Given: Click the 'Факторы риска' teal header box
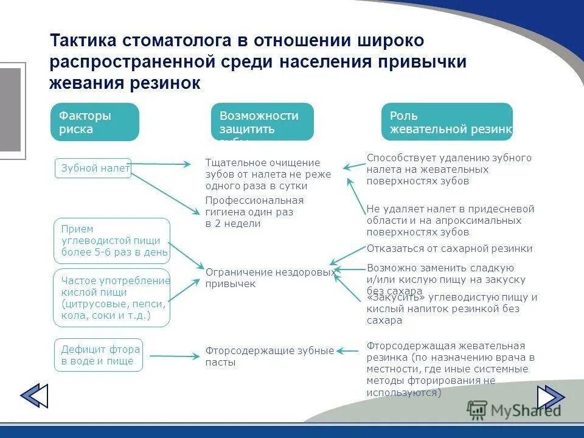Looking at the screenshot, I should [x=94, y=122].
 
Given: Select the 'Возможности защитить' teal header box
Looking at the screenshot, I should [x=262, y=122].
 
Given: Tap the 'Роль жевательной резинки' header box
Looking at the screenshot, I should [x=447, y=122].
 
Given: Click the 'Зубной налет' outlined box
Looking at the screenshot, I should [x=93, y=169].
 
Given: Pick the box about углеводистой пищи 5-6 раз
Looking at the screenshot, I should [x=112, y=241].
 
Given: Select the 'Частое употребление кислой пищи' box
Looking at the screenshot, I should [x=112, y=298].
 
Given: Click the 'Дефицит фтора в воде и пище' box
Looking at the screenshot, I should [x=99, y=355].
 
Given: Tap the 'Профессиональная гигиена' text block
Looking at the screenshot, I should [x=254, y=212].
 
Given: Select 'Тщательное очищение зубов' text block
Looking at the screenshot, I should [x=268, y=174].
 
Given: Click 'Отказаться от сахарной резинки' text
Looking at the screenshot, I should [x=449, y=248].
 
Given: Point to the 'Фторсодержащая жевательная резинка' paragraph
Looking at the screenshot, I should [x=450, y=369].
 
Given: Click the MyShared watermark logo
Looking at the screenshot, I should [x=514, y=409].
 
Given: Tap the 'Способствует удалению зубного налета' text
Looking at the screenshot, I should [x=449, y=169].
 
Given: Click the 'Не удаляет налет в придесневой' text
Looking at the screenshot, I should [x=450, y=220].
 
